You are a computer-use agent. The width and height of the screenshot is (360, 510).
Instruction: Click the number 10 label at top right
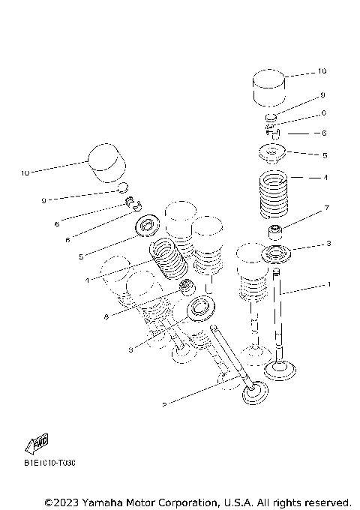322,72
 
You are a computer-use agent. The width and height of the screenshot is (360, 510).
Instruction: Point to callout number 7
327,207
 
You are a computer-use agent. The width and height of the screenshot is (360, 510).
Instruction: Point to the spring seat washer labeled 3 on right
277,255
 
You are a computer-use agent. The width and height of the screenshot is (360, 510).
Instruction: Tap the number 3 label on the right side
328,244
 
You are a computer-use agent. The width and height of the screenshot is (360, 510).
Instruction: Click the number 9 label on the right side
322,95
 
